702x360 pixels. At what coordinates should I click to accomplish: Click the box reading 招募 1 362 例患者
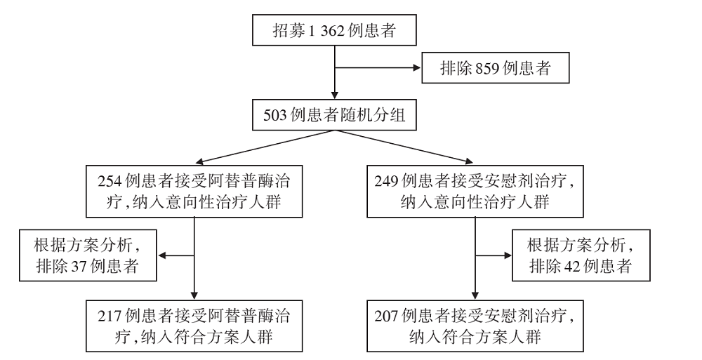[334, 30]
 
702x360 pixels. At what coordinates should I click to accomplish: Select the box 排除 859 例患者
[495, 67]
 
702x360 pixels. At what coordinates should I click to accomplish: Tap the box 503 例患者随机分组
[334, 115]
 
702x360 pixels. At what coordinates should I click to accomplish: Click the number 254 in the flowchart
[110, 181]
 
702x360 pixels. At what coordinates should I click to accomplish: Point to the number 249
[386, 181]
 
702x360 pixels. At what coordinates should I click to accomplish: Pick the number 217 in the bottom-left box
[110, 316]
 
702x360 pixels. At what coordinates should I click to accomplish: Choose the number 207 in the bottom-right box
[386, 316]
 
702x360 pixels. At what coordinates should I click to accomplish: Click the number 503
[274, 116]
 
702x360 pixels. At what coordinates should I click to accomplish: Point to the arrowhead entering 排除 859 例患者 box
[417, 68]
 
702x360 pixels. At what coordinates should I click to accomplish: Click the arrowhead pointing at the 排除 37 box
[162, 255]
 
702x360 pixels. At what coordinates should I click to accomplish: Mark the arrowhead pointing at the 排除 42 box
[508, 255]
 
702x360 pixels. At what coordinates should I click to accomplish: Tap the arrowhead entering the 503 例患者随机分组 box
[334, 95]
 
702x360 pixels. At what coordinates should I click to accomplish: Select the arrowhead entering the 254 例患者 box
[199, 161]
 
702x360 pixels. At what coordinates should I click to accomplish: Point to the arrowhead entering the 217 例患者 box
[194, 295]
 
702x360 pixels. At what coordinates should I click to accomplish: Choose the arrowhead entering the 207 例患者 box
[475, 295]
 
